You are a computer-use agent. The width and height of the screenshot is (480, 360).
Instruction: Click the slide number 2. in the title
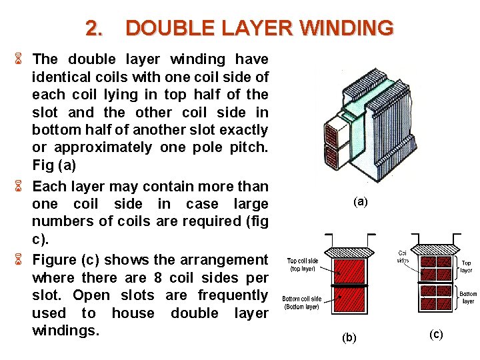95,28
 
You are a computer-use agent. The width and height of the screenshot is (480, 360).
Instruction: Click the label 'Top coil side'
303,261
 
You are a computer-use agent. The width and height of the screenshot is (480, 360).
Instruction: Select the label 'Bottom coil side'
301,299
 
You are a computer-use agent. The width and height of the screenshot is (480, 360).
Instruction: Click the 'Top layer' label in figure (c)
466,267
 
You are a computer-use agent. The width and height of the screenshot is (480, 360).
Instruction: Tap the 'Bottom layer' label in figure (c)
467,297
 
